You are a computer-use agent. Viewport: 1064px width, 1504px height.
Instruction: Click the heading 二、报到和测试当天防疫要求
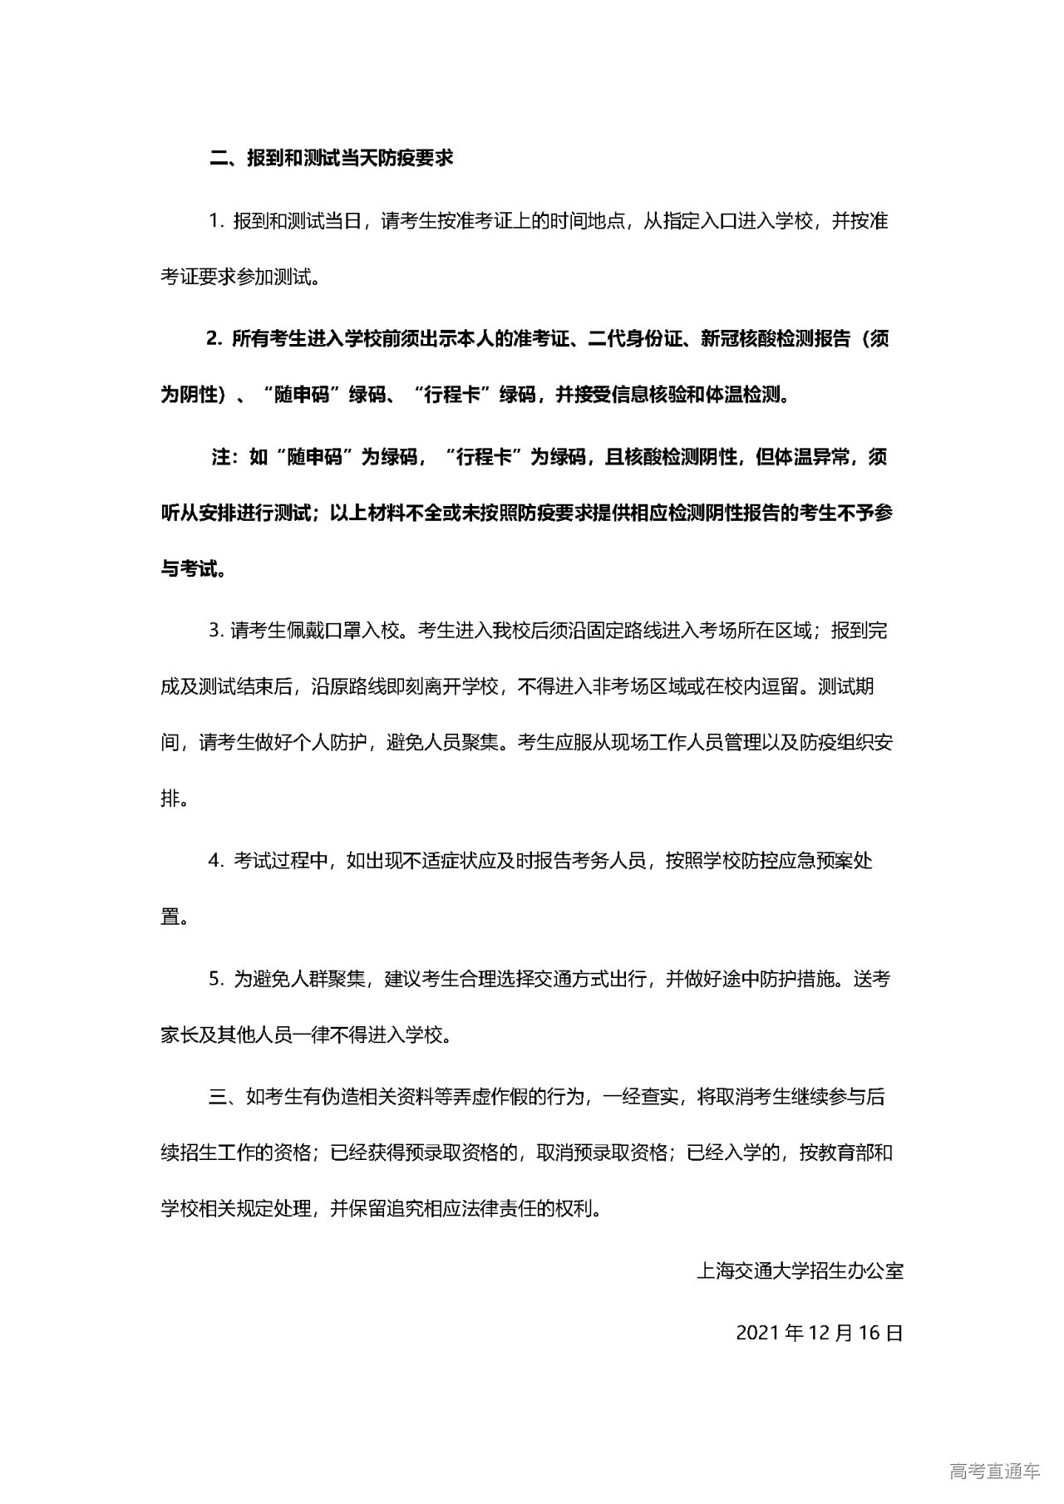pos(331,158)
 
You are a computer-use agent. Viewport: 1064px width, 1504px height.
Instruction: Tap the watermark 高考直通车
pos(994,1472)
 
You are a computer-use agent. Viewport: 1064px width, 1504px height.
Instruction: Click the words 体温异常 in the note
pos(801,457)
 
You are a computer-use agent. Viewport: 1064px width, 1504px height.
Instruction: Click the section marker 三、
pos(223,1097)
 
